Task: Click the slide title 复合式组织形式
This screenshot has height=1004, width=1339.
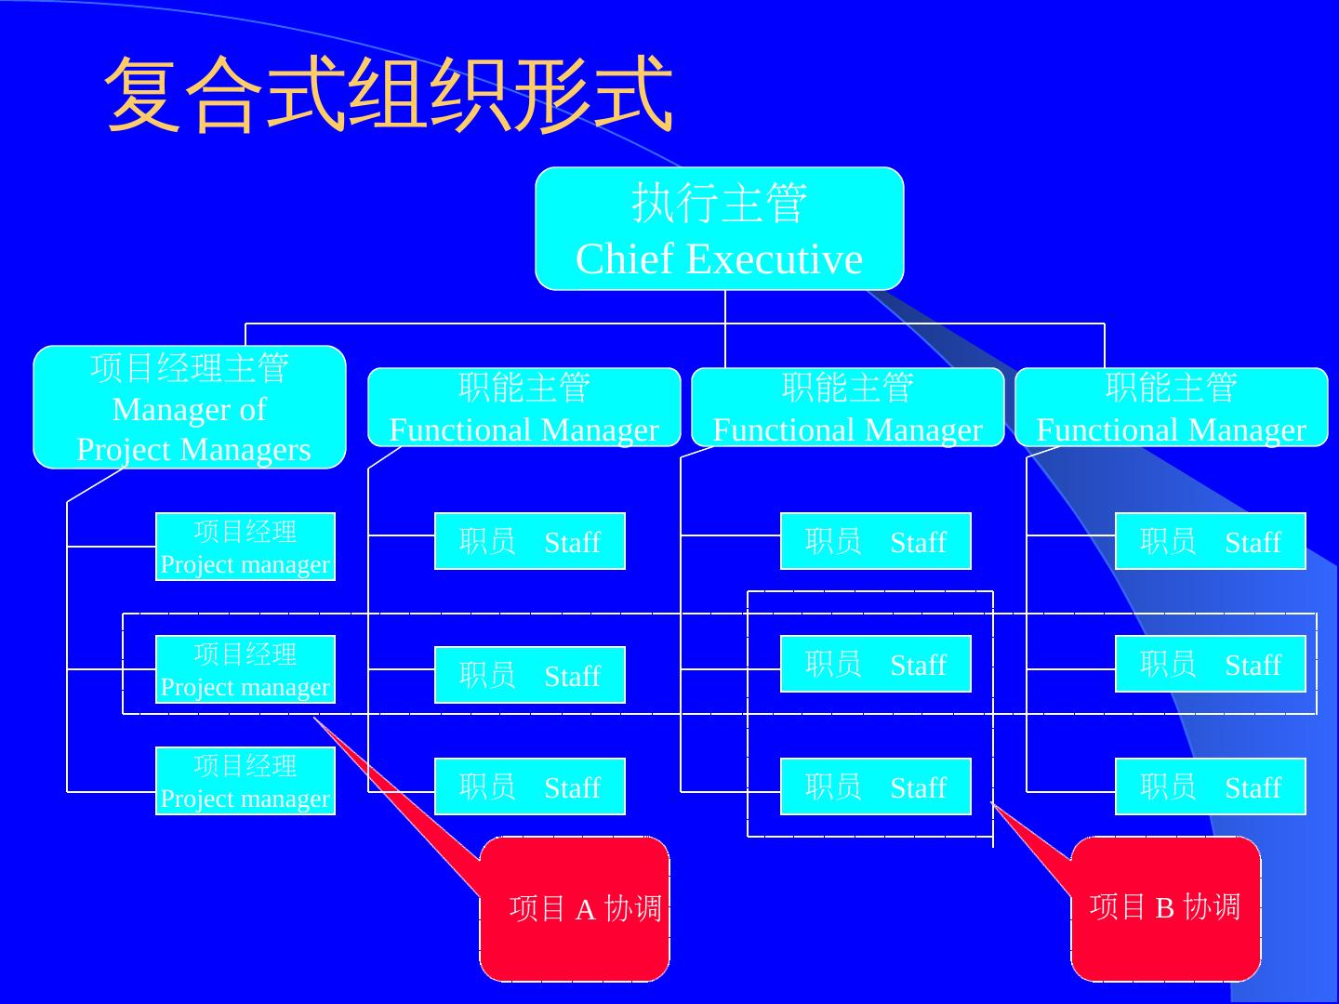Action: coord(389,94)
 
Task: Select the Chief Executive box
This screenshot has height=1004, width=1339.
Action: coord(719,229)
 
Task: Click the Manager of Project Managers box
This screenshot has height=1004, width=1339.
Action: coord(190,407)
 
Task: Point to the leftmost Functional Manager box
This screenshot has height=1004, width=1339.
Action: coord(524,407)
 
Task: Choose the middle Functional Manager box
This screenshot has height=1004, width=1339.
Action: coord(847,407)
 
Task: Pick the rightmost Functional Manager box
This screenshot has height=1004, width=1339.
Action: coord(1171,407)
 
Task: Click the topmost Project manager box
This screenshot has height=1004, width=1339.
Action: coord(245,547)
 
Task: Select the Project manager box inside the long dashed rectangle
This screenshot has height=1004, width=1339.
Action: coord(245,669)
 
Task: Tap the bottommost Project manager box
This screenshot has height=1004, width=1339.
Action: coord(245,781)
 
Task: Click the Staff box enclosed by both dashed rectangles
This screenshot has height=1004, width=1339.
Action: coord(876,664)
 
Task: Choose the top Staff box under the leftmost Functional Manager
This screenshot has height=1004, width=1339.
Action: coord(530,541)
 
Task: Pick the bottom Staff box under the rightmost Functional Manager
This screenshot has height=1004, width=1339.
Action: coord(1211,786)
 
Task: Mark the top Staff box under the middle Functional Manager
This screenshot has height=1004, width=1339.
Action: coord(876,541)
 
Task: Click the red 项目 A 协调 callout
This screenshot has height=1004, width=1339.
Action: coord(575,908)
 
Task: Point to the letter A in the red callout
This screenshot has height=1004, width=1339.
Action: coord(585,910)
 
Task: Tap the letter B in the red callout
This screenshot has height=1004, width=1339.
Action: coord(1165,907)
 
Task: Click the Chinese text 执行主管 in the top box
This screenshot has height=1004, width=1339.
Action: coord(719,203)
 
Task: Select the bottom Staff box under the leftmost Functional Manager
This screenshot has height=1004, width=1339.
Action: coord(530,786)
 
